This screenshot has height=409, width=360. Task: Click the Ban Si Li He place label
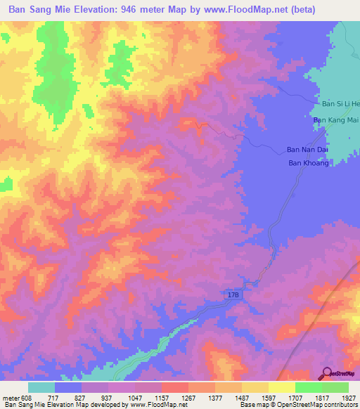click(x=340, y=104)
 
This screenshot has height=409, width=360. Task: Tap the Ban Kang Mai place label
click(x=335, y=121)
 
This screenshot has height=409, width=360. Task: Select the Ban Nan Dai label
click(x=307, y=150)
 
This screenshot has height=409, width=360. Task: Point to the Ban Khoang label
click(x=309, y=163)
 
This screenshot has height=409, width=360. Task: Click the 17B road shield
click(x=233, y=295)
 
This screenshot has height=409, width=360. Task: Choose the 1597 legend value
click(x=257, y=398)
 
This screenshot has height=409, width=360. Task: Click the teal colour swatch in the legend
click(x=41, y=387)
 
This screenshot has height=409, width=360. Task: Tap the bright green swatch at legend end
click(x=335, y=387)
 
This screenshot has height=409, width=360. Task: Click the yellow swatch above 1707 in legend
click(x=281, y=387)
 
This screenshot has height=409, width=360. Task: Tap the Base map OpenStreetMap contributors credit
click(x=297, y=405)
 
